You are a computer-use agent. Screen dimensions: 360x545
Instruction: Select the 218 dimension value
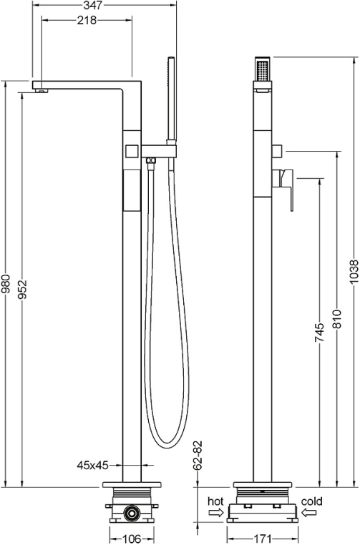coord(87,21)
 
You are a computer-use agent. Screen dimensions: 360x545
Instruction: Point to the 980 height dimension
coord(6,284)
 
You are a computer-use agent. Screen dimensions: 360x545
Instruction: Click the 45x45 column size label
coord(93,465)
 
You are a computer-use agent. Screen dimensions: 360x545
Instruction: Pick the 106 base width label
coord(132,539)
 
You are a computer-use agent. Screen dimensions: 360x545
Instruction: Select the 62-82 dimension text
coord(198,456)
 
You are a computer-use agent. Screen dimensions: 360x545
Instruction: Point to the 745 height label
coord(319,333)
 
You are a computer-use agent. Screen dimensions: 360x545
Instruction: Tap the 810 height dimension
coord(336,318)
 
